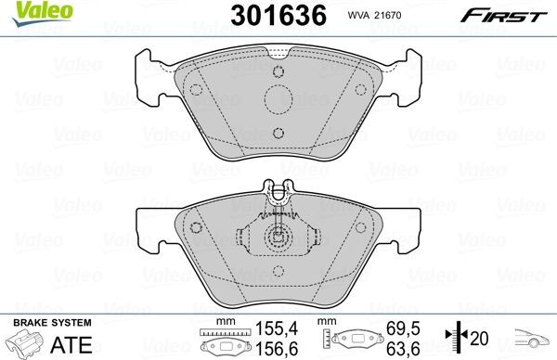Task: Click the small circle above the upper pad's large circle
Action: [x=278, y=73]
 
